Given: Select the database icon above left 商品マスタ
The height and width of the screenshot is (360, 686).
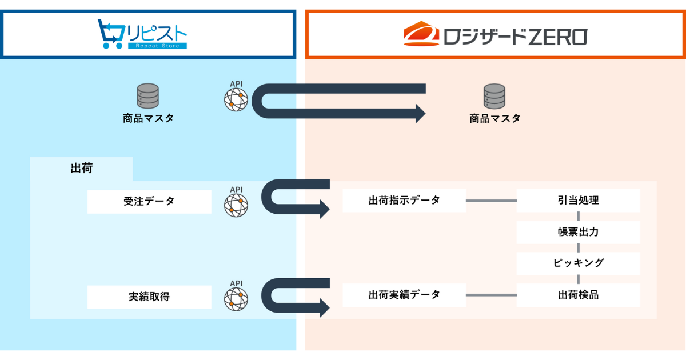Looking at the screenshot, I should [147, 96].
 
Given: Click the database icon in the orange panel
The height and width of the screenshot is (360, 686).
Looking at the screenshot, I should [494, 96].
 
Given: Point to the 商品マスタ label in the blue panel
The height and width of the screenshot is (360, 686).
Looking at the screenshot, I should [148, 118].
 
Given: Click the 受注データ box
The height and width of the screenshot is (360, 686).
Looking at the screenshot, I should [149, 201].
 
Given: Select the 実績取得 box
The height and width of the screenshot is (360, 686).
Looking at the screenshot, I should [149, 297].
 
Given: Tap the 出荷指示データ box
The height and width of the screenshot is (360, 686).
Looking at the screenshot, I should [404, 201].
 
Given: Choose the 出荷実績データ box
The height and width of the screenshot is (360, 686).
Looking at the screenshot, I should [404, 295].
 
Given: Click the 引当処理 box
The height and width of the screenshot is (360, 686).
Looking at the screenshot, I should [579, 201].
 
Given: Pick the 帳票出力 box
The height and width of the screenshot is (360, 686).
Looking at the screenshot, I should [579, 232].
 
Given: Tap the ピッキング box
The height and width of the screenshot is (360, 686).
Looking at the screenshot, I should [579, 263].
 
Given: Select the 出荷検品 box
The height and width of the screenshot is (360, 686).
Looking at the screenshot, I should [579, 295].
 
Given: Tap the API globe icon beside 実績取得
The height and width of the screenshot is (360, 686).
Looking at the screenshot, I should [236, 299].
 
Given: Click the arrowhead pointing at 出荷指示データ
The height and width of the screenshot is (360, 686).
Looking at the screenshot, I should [324, 209].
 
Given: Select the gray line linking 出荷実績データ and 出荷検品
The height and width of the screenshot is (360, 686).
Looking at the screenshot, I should [491, 295].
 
